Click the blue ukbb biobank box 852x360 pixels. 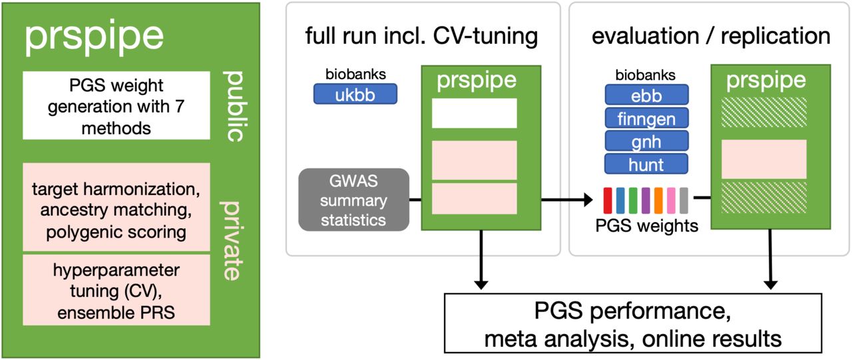[x=355, y=94]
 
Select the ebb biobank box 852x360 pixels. [x=646, y=94]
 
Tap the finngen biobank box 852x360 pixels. [x=646, y=118]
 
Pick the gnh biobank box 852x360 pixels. [x=646, y=141]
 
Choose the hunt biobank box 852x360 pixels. [x=646, y=164]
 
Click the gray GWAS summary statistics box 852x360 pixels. [x=353, y=200]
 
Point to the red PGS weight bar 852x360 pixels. [x=608, y=200]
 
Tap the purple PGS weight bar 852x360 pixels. [x=646, y=200]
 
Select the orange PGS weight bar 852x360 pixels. [x=658, y=200]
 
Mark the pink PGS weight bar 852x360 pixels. [x=672, y=200]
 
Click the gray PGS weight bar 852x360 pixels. [x=684, y=200]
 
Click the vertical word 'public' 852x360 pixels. [x=234, y=106]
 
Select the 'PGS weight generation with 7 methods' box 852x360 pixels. [x=116, y=105]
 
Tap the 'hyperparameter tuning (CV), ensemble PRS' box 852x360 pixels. [x=116, y=290]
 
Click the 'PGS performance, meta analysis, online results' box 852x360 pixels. [x=633, y=323]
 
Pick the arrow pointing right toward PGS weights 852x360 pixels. [x=566, y=199]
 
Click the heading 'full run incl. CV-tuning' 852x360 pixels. [x=421, y=36]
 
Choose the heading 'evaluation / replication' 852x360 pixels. [x=711, y=36]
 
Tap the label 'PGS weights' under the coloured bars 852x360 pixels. [x=646, y=226]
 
